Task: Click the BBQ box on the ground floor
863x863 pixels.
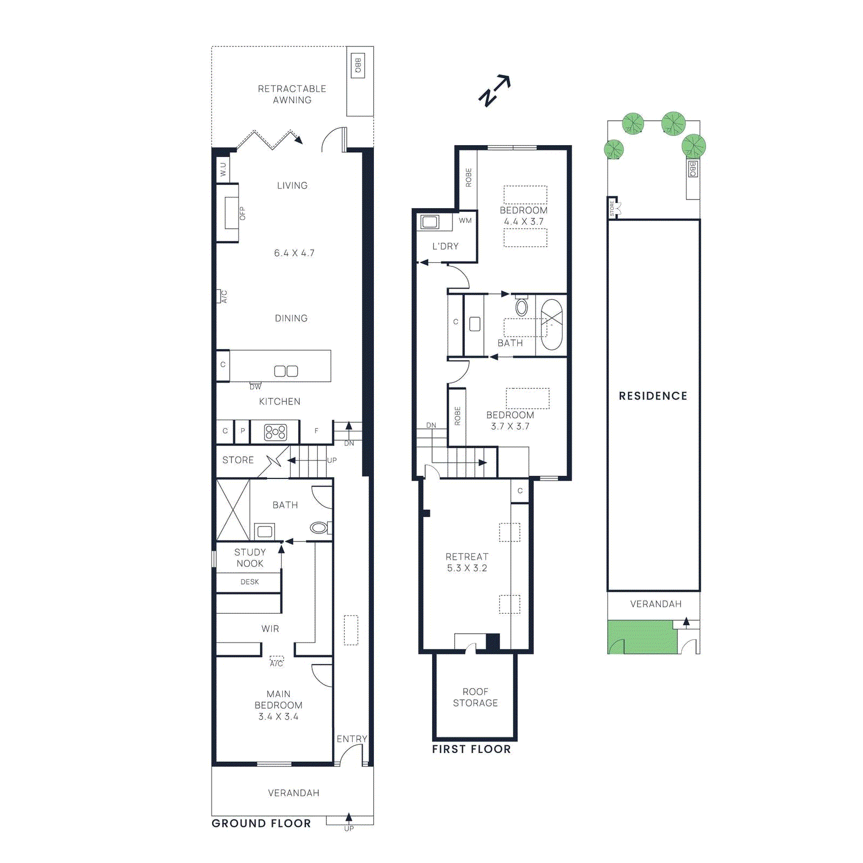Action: pyautogui.click(x=358, y=65)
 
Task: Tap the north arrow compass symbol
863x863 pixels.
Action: pyautogui.click(x=494, y=91)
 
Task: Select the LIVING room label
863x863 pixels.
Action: pyautogui.click(x=292, y=186)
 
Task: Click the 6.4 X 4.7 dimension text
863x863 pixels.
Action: pyautogui.click(x=294, y=253)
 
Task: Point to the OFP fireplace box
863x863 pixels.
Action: pyautogui.click(x=232, y=214)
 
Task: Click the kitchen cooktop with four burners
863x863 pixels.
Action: pyautogui.click(x=275, y=432)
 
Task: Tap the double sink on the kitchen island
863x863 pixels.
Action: pyautogui.click(x=286, y=371)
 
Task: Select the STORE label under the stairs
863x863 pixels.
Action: pyautogui.click(x=238, y=460)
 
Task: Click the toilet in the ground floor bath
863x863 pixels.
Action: pyautogui.click(x=319, y=528)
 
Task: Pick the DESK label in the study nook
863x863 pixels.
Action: pyautogui.click(x=249, y=582)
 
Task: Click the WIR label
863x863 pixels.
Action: pyautogui.click(x=270, y=629)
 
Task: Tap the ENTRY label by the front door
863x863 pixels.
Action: pyautogui.click(x=352, y=739)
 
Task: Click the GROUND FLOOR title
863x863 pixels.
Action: pyautogui.click(x=261, y=824)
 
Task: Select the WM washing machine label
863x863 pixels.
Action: pyautogui.click(x=465, y=221)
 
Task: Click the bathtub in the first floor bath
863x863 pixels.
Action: pyautogui.click(x=551, y=325)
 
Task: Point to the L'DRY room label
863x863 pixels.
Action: pyautogui.click(x=445, y=246)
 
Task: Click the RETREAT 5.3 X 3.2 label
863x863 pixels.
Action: pyautogui.click(x=467, y=562)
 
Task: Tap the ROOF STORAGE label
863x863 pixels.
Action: pyautogui.click(x=475, y=697)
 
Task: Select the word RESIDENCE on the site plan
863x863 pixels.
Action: pyautogui.click(x=653, y=396)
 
